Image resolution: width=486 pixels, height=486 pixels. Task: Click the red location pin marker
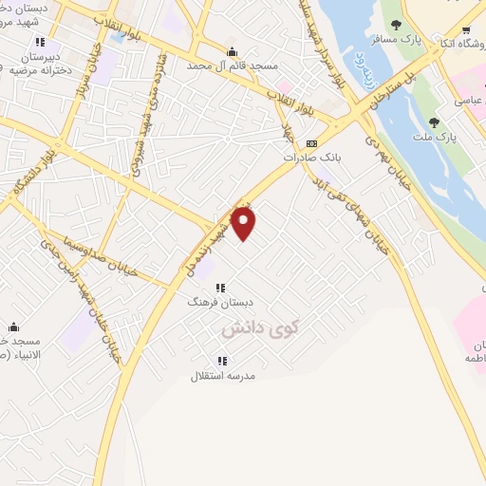[244, 223]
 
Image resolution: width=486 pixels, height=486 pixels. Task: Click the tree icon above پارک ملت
[434, 122]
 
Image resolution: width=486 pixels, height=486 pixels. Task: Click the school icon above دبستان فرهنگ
[221, 288]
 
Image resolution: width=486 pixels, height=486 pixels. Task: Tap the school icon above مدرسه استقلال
[222, 361]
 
